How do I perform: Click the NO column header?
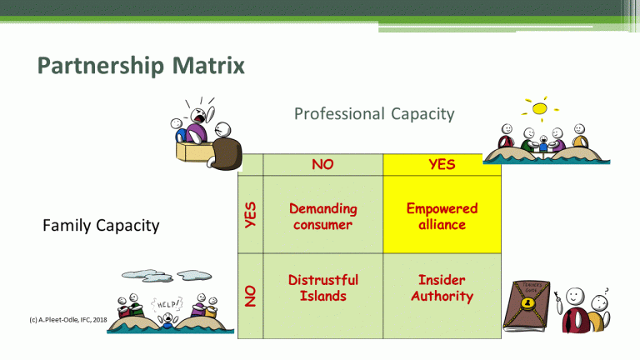[322, 164]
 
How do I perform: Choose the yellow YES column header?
[442, 164]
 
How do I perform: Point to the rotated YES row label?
[250, 215]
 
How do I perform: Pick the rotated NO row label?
[250, 294]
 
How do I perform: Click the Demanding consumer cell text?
[322, 216]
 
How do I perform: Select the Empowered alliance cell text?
[442, 216]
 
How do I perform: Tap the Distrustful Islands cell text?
[322, 287]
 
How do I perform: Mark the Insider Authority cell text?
[442, 287]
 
